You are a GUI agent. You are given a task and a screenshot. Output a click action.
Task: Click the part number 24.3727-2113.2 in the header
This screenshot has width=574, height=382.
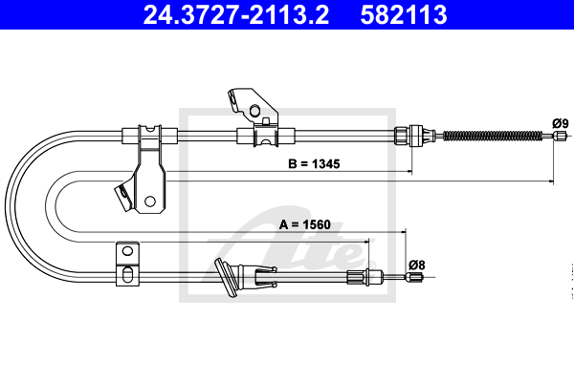(x=235, y=15)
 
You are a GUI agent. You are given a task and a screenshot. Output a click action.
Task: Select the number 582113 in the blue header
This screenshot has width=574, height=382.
(x=404, y=15)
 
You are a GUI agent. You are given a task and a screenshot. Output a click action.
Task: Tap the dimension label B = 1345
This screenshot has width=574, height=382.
(x=314, y=163)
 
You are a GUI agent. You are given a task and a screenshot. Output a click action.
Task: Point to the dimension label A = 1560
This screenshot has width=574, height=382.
(x=304, y=224)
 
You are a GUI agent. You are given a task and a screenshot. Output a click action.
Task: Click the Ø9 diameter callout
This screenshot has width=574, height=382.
(x=561, y=123)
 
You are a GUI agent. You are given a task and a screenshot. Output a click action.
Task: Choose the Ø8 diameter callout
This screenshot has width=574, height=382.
(x=417, y=265)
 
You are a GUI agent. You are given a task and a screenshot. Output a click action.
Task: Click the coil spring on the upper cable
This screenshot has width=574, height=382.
(x=493, y=136)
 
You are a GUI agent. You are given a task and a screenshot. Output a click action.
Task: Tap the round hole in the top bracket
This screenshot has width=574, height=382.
(x=254, y=110)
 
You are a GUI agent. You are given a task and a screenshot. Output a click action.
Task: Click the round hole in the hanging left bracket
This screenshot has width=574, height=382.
(x=150, y=202)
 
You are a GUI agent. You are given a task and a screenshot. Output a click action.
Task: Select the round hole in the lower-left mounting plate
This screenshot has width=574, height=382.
(x=127, y=251)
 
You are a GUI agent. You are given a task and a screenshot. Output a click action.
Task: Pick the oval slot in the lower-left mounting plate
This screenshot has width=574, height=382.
(x=127, y=274)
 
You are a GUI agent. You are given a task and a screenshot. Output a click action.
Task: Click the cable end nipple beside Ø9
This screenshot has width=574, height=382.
(x=559, y=136)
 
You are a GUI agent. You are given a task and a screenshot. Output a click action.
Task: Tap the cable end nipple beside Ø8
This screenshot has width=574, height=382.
(x=414, y=277)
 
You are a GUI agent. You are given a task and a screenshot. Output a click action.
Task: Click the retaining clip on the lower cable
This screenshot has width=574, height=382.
(x=265, y=276)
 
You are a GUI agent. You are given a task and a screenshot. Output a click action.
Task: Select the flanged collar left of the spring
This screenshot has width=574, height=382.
(x=415, y=136)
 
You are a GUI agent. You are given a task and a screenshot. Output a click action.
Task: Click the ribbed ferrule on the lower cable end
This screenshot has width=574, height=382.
(x=356, y=276)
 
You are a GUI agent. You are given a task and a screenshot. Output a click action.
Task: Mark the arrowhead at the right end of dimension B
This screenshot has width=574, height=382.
(x=409, y=171)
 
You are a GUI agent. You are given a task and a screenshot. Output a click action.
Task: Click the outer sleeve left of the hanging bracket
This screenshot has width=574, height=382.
(x=130, y=136)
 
